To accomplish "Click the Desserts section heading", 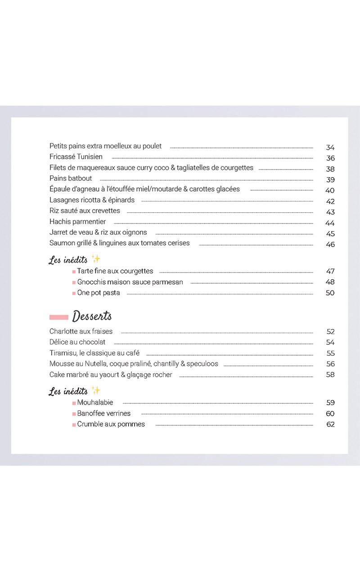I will tap(92, 317).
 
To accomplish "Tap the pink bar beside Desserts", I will tap(58, 317).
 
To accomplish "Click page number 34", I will tap(330, 147).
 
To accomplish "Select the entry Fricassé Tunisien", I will tap(76, 157).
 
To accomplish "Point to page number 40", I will tap(330, 190).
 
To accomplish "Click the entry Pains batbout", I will tap(71, 178).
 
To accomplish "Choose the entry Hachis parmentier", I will tap(77, 222).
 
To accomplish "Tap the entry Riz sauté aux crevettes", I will tap(85, 211).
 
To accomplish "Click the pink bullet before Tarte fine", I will tap(74, 272).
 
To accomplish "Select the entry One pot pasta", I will tap(99, 293).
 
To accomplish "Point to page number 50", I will tap(330, 293).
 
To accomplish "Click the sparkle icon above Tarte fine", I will tap(95, 259).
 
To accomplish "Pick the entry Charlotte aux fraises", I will tap(81, 331).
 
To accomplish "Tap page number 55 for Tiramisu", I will tap(331, 353).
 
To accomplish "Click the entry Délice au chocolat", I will tap(77, 342).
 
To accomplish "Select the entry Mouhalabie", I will tap(95, 402).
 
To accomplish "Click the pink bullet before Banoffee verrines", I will tap(74, 414).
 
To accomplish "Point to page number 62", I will tap(331, 424).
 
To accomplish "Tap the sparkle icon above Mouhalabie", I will tap(95, 390).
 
